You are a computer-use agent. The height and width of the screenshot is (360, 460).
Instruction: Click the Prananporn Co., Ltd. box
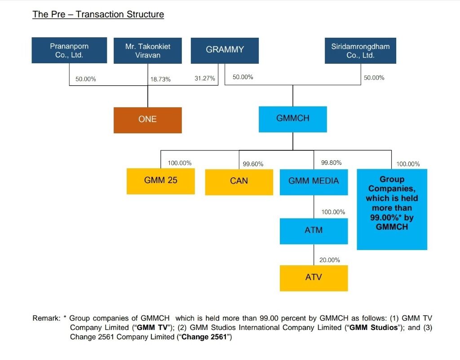coord(69,50)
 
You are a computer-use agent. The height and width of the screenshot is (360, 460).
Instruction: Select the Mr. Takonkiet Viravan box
coord(147,51)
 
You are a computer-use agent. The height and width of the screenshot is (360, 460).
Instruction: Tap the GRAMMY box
coord(225,51)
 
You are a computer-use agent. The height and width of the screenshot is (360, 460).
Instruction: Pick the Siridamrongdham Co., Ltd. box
coord(360,51)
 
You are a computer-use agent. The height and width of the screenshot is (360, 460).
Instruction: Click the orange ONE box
coord(147,120)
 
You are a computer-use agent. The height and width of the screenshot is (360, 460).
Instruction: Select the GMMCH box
coord(293,119)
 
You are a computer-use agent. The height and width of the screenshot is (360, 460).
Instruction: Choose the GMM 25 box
coord(161,181)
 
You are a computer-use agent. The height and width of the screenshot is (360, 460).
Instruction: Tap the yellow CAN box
coord(239,182)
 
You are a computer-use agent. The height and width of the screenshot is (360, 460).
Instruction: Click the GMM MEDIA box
coord(314,182)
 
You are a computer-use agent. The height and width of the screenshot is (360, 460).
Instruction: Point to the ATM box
coord(314,231)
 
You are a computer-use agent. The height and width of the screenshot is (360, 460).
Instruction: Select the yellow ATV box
coord(314,278)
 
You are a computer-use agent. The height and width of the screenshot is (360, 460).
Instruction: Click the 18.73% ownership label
coord(160,79)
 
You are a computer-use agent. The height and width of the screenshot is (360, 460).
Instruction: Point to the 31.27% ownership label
coord(205,78)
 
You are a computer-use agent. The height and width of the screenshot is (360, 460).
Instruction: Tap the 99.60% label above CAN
coord(253,164)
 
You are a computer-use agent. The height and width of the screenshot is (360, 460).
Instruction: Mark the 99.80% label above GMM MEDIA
coord(331,162)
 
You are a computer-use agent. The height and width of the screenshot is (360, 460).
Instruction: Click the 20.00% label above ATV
coord(329,260)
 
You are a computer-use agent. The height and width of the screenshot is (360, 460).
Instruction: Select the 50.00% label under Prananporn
coord(86,79)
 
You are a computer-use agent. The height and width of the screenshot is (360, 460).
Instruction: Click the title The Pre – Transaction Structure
coord(98,14)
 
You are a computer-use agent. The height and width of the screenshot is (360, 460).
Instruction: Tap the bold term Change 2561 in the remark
coord(204,337)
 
